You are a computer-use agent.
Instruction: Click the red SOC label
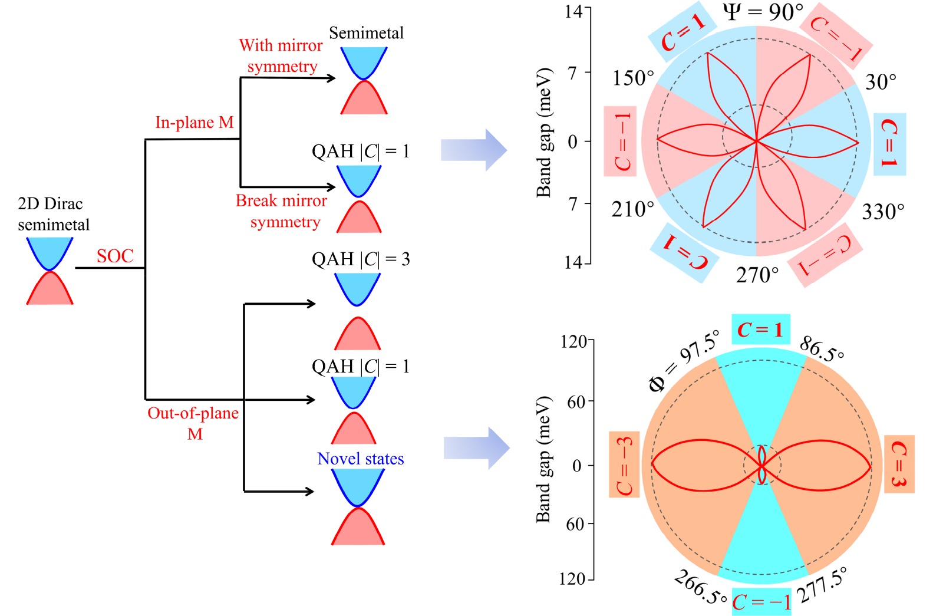[115, 256]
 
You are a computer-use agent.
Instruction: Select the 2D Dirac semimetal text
[53, 214]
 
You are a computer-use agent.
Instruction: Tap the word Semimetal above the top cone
[366, 33]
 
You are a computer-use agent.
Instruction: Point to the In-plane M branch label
[194, 122]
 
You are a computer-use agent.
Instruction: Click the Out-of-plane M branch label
[193, 423]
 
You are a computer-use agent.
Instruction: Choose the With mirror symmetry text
[281, 56]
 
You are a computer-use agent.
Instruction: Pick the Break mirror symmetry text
[282, 211]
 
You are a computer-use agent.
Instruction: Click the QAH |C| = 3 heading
[361, 259]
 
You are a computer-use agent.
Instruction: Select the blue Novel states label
[360, 459]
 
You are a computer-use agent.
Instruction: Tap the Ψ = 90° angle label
[763, 12]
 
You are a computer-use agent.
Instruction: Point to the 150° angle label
[633, 78]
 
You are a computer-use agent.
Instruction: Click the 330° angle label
[883, 212]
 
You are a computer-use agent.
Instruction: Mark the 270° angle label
[757, 275]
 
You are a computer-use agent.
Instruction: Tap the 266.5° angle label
[701, 587]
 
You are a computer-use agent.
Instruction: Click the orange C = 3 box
[899, 464]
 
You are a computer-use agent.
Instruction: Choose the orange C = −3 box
[624, 464]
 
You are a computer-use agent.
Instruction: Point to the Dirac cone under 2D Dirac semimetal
[50, 271]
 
